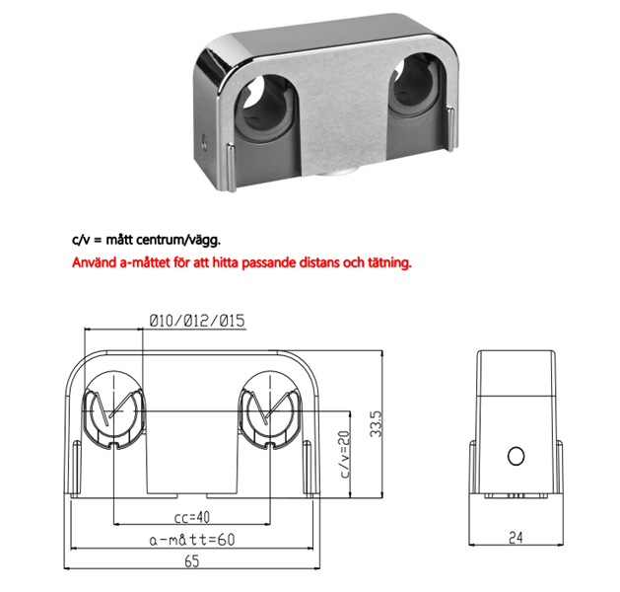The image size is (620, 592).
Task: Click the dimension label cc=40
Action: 192,517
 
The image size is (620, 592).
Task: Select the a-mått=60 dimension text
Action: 192,540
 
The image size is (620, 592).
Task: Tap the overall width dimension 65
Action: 192,561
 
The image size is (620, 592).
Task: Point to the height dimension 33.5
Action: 376,424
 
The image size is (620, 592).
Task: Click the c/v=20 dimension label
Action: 345,454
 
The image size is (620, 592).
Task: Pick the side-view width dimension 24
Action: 516,538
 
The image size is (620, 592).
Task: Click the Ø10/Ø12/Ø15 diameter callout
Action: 197,321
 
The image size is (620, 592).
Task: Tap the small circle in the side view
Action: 516,456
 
